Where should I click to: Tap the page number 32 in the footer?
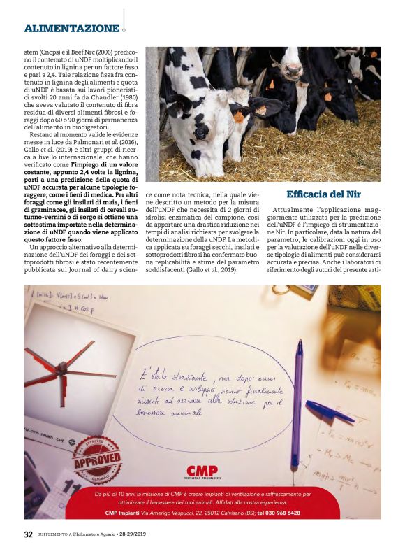click(28, 534)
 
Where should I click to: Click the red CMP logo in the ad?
click(202, 471)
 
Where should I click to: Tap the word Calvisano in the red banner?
click(220, 513)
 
